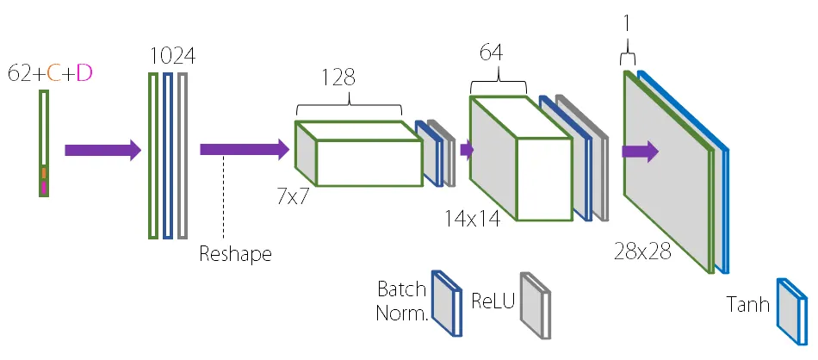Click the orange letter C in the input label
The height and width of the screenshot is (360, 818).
pyautogui.click(x=53, y=73)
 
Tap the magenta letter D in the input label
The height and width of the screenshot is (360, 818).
pyautogui.click(x=84, y=73)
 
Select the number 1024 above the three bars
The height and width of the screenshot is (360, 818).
pyautogui.click(x=173, y=55)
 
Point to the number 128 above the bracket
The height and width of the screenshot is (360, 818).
pyautogui.click(x=338, y=78)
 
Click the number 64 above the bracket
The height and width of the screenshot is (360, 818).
pyautogui.click(x=492, y=53)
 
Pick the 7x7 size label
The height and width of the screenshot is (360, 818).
pyautogui.click(x=294, y=198)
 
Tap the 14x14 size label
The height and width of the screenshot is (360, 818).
pyautogui.click(x=473, y=219)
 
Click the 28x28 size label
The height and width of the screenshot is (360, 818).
pyautogui.click(x=642, y=251)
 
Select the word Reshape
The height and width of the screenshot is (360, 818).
pyautogui.click(x=235, y=254)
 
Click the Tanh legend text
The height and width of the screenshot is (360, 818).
pyautogui.click(x=747, y=304)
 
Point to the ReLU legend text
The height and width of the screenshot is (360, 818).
pyautogui.click(x=493, y=301)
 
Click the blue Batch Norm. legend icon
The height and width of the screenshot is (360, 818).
pyautogui.click(x=447, y=303)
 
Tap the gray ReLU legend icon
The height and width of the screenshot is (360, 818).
pyautogui.click(x=536, y=306)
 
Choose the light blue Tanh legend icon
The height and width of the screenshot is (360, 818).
pyautogui.click(x=792, y=312)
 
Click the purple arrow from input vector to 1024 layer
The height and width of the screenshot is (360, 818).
pyautogui.click(x=102, y=150)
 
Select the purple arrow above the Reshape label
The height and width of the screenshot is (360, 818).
pyautogui.click(x=245, y=150)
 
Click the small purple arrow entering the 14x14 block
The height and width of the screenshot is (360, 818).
pyautogui.click(x=467, y=150)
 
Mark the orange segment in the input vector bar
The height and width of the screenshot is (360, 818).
pyautogui.click(x=44, y=173)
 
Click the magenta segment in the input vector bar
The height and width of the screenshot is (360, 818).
pyautogui.click(x=44, y=187)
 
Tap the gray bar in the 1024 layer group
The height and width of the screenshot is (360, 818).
pyautogui.click(x=182, y=156)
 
